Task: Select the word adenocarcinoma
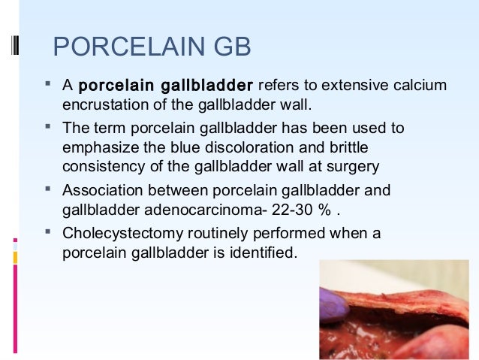[x=185, y=207]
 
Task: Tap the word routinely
[x=207, y=234]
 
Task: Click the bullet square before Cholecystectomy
[x=47, y=232]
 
